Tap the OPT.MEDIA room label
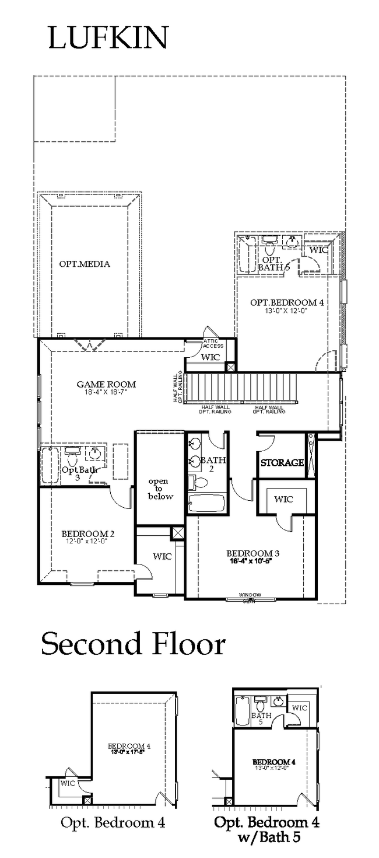(85, 264)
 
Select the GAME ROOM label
(106, 384)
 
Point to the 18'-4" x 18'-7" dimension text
(106, 392)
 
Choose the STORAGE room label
(282, 463)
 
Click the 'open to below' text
(160, 489)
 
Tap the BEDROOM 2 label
(87, 533)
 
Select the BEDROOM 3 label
(250, 553)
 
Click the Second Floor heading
(133, 644)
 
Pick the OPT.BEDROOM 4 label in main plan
(286, 302)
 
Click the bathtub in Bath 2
(206, 503)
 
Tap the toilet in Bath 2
(200, 483)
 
